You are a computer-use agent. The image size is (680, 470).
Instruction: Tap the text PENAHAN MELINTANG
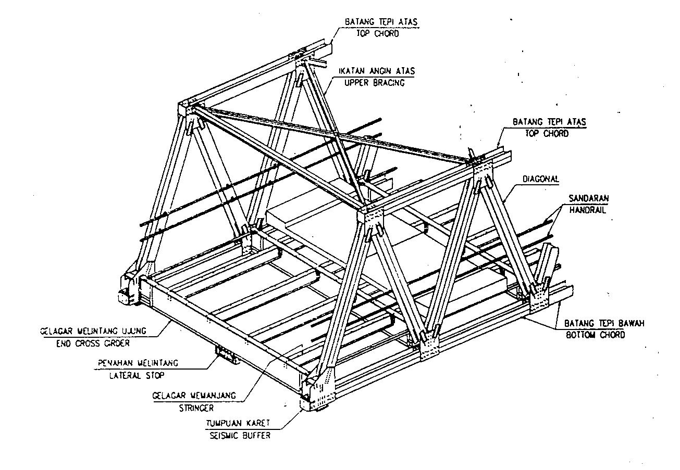tap(138, 362)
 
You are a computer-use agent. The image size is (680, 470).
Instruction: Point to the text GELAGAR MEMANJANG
tap(194, 396)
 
